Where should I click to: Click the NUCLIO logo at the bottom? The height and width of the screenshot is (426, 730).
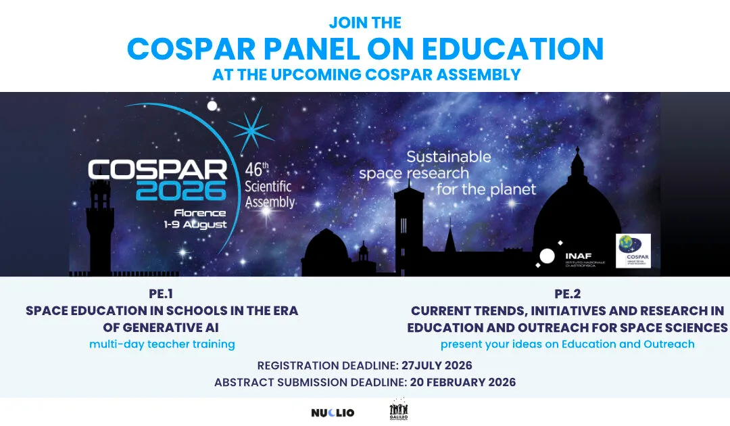pyautogui.click(x=333, y=412)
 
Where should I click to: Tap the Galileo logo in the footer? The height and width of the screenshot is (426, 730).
pyautogui.click(x=399, y=411)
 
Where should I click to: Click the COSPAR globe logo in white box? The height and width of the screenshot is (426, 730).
pyautogui.click(x=633, y=251)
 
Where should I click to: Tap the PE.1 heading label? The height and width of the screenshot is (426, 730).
pyautogui.click(x=162, y=294)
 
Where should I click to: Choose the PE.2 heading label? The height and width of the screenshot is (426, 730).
pyautogui.click(x=568, y=294)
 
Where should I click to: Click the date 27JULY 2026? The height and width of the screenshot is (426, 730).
pyautogui.click(x=437, y=366)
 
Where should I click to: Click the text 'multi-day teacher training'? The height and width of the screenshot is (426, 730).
pyautogui.click(x=162, y=344)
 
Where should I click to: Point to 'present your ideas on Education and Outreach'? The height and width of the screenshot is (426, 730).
pyautogui.click(x=568, y=344)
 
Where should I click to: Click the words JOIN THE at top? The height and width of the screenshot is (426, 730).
pyautogui.click(x=365, y=22)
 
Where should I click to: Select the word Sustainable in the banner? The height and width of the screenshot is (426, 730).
pyautogui.click(x=448, y=157)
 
